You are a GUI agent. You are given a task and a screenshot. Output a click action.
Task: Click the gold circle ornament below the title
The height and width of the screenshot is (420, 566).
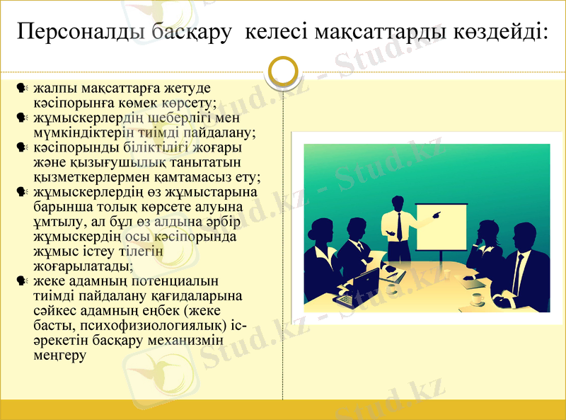point(284,71)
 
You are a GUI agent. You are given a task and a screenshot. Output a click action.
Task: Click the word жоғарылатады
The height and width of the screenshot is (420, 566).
point(82,267)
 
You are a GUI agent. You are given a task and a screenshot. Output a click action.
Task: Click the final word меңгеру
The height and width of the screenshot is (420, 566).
point(59,356)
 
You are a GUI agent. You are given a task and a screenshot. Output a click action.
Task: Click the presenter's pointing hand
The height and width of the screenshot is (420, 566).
point(437,212)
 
